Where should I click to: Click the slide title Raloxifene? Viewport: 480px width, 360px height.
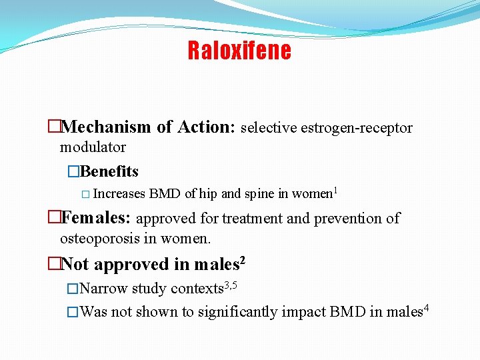(x=239, y=51)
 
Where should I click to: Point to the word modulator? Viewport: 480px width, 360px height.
(x=93, y=147)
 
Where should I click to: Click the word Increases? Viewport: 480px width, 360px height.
(x=119, y=194)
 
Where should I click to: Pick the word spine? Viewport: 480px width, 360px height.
(x=260, y=194)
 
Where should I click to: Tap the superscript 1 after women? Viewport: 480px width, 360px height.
(x=335, y=191)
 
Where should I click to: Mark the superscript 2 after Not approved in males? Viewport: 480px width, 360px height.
(x=243, y=260)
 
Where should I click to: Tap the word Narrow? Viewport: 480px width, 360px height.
(x=104, y=289)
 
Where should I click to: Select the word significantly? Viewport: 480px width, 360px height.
(x=237, y=312)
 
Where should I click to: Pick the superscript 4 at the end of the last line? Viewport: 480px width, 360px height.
(x=426, y=308)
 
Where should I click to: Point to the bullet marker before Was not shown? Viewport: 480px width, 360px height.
(x=73, y=312)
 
